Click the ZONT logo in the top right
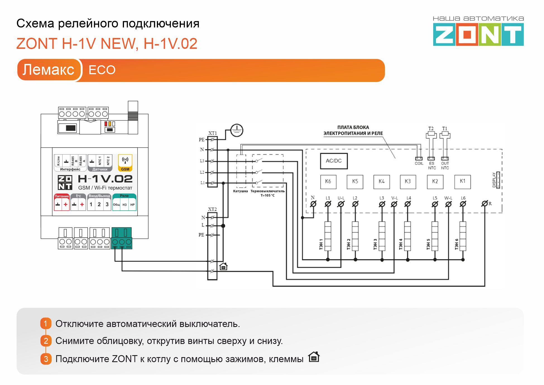point(478,34)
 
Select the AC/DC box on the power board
point(334,161)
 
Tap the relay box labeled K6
point(328,182)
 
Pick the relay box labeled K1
point(462,182)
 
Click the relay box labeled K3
point(408,182)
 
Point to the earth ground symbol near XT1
point(237,130)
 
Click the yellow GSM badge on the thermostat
point(125,163)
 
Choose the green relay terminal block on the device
point(122,238)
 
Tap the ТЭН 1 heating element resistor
point(328,236)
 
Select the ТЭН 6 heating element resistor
point(463,236)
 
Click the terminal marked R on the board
point(485,204)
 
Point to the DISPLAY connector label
point(494,180)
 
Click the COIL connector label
point(419,163)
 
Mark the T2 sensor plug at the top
point(431,134)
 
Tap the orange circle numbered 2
point(46,341)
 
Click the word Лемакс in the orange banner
point(48,70)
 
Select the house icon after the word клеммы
point(314,357)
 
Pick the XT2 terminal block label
point(212,209)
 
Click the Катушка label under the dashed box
point(240,191)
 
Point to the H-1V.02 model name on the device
point(105,179)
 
